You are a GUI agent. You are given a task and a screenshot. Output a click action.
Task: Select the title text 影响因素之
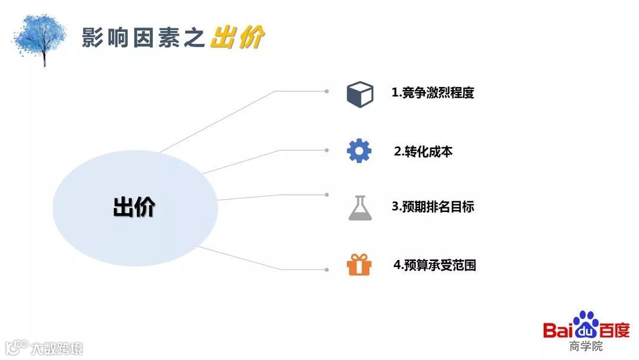click(144, 38)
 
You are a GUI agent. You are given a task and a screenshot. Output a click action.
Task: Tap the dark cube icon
click(360, 94)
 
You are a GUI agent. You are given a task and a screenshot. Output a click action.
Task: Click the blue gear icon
click(359, 152)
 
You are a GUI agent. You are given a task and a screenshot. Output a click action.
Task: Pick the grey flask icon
click(359, 207)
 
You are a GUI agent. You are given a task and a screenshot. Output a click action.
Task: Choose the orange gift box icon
click(359, 264)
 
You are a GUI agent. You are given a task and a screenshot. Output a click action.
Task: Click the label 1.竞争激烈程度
click(433, 93)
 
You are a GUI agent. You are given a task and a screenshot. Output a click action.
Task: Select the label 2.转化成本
click(423, 151)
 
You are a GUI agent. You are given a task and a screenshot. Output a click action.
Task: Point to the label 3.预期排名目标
click(433, 207)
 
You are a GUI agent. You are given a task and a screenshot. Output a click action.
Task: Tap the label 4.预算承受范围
click(434, 265)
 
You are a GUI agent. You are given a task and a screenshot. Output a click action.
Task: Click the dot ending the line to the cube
click(327, 91)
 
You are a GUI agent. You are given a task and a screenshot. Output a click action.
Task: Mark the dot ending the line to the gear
click(327, 150)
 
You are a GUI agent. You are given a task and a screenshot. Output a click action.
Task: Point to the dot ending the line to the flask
click(327, 194)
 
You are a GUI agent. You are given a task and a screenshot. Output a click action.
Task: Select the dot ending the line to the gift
click(327, 269)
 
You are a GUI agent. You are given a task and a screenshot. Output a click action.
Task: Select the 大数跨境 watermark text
click(57, 348)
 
